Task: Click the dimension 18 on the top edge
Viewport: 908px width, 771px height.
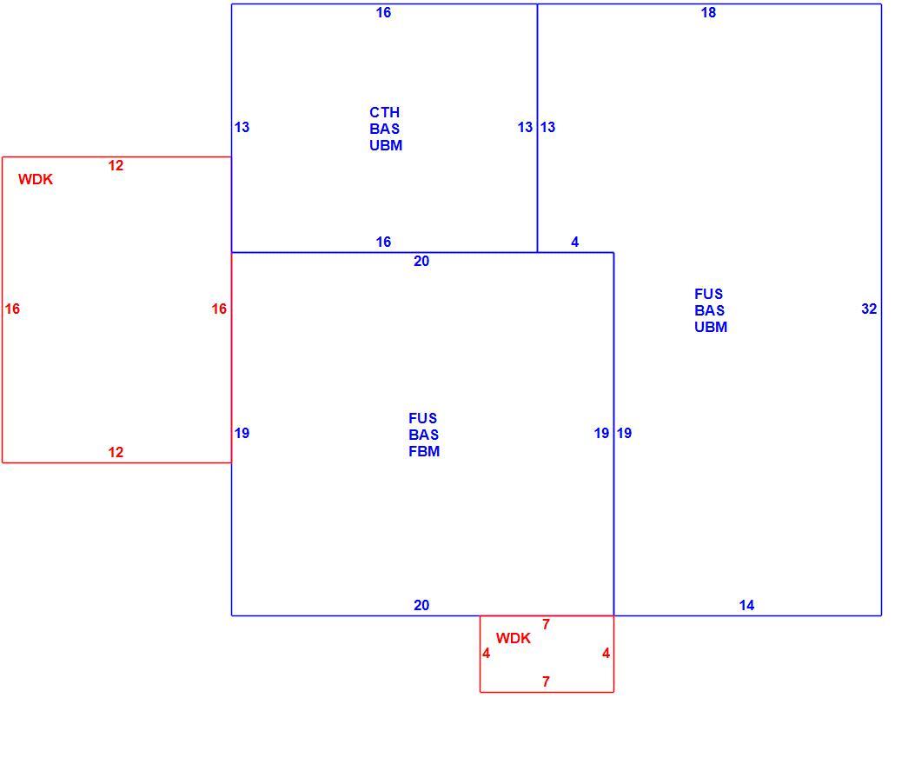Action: (708, 13)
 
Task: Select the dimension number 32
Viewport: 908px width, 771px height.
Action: (869, 309)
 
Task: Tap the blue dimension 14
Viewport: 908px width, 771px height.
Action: (746, 605)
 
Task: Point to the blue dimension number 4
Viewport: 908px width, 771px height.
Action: (574, 243)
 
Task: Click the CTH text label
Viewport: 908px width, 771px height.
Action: (385, 112)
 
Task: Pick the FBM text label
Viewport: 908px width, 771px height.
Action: (424, 451)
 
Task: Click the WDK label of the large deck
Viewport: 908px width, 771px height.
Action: (36, 180)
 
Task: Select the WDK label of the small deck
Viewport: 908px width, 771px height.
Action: (513, 638)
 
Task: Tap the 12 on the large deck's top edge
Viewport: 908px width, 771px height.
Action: (116, 166)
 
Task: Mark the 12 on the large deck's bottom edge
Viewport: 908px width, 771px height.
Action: (116, 452)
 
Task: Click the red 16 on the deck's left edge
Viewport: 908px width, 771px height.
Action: (12, 309)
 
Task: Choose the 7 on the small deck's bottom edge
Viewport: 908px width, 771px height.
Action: (546, 681)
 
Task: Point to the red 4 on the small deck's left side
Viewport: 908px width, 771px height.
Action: (486, 654)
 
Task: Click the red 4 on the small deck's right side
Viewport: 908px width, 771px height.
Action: (606, 654)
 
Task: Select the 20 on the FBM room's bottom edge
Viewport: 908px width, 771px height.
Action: (421, 605)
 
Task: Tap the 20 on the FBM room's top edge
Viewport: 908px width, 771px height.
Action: (421, 262)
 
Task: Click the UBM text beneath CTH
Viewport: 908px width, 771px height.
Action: (386, 145)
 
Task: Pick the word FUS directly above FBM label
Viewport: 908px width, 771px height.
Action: (423, 418)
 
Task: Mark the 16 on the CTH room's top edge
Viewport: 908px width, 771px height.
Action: (383, 13)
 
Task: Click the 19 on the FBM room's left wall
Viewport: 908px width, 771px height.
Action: (242, 433)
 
